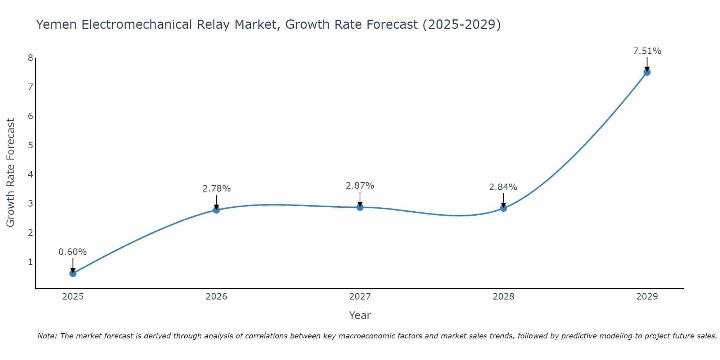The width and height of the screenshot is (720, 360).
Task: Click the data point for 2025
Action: (73, 273)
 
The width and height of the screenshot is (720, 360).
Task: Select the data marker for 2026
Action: (216, 210)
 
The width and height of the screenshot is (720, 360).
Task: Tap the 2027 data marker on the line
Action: (360, 207)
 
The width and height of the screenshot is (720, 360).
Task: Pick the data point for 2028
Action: (503, 208)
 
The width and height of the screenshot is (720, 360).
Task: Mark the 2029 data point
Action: (647, 72)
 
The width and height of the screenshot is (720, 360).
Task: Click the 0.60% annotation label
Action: (73, 252)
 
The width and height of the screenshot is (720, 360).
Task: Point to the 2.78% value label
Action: (216, 188)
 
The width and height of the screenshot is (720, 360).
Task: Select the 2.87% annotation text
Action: (360, 186)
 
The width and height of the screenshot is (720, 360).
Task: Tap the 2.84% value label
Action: (503, 187)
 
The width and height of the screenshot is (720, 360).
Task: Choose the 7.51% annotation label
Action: (647, 51)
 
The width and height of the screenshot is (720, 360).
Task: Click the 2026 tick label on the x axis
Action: (216, 297)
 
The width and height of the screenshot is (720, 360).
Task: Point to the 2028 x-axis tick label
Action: (503, 297)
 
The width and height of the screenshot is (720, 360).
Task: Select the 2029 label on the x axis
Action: (647, 297)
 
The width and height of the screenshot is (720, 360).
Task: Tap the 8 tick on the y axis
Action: (30, 58)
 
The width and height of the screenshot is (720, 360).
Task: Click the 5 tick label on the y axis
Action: (30, 145)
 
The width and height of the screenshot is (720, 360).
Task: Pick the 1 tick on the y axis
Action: (30, 262)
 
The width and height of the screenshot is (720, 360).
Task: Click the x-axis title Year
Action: (360, 315)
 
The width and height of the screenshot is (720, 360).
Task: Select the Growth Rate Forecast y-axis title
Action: (11, 173)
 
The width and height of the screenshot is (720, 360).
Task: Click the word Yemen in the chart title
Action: (57, 25)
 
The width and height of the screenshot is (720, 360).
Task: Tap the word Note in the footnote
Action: (46, 336)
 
